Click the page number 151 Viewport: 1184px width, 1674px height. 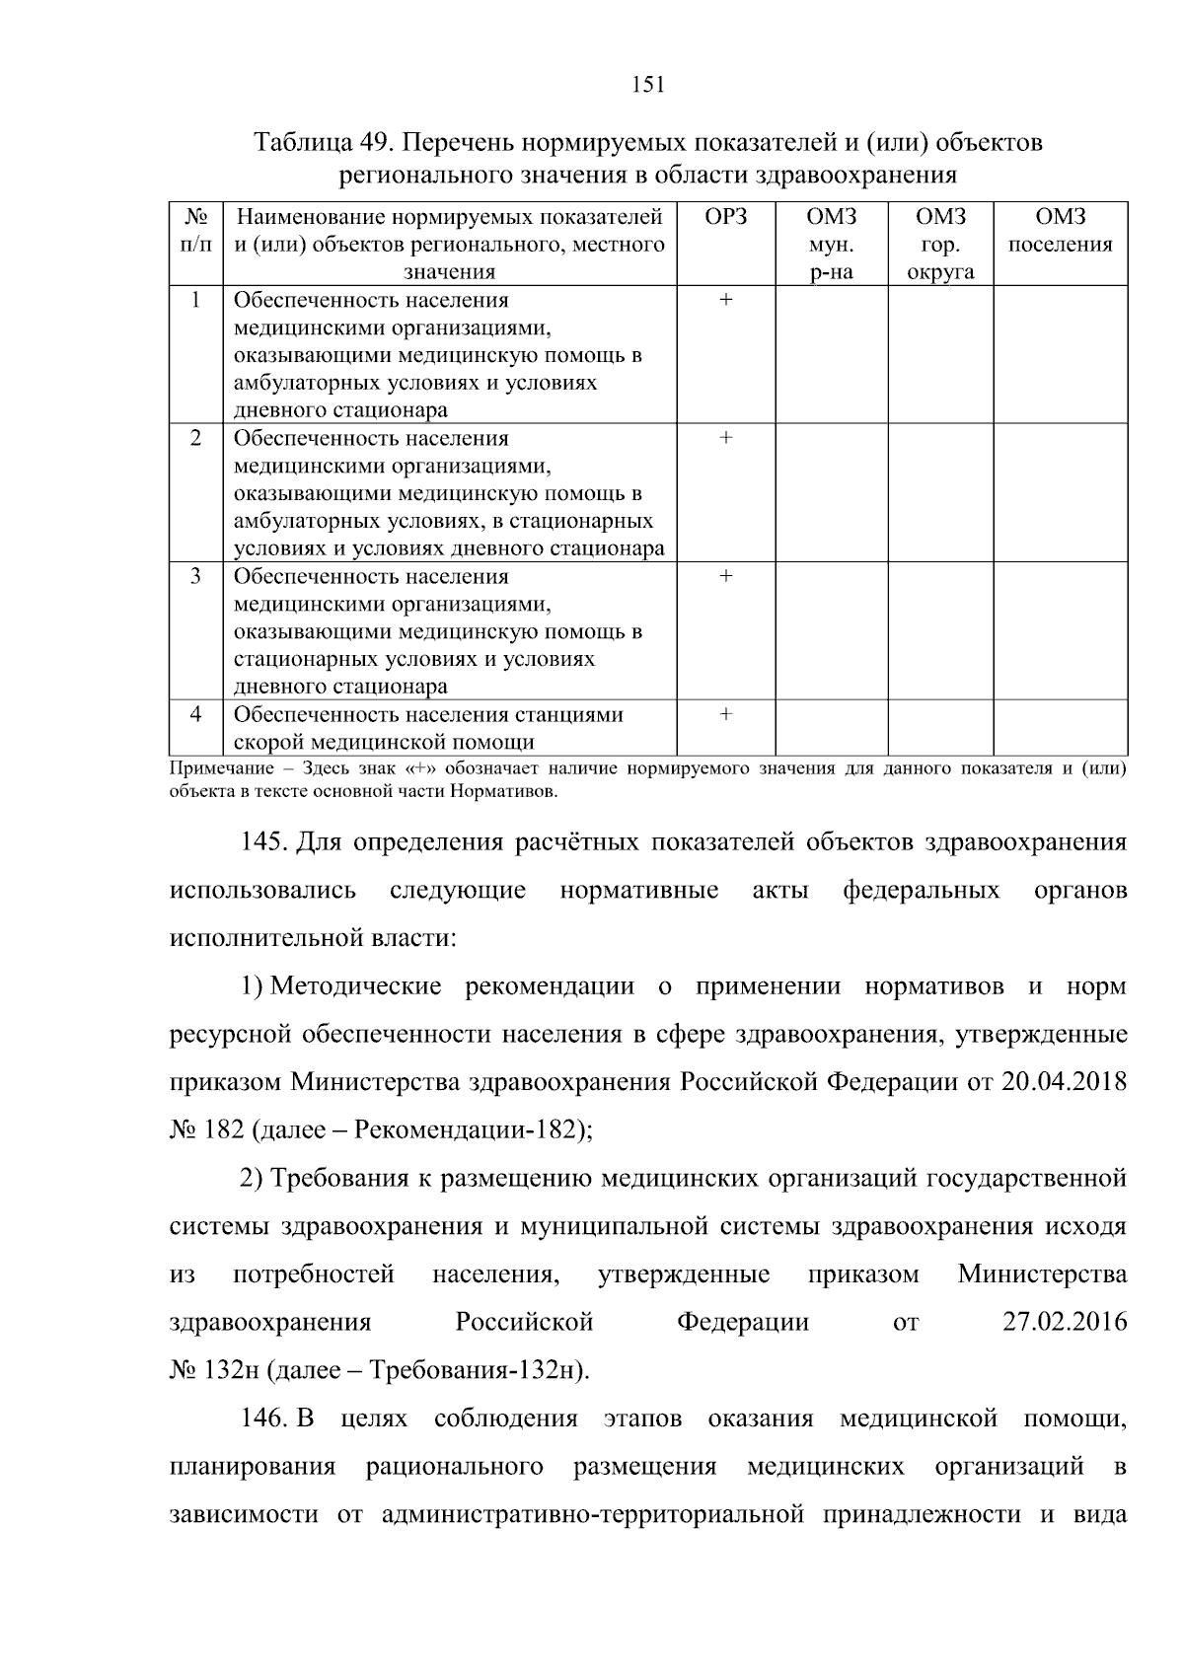click(x=647, y=85)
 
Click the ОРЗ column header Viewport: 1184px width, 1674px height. click(x=726, y=217)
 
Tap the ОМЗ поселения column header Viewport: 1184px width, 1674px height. click(x=1060, y=231)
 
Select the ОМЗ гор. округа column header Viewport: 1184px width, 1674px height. click(x=940, y=245)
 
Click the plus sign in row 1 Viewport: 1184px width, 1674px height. click(x=726, y=300)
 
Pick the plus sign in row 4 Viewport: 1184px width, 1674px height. click(x=726, y=714)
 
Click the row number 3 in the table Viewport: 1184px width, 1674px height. click(x=195, y=576)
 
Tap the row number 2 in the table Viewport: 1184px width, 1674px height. click(x=195, y=438)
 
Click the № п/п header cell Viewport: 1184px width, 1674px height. click(x=195, y=230)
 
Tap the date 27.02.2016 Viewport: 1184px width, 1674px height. click(x=1065, y=1323)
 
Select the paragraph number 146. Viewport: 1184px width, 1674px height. click(x=263, y=1419)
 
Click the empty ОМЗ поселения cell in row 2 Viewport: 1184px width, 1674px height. click(x=1060, y=492)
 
